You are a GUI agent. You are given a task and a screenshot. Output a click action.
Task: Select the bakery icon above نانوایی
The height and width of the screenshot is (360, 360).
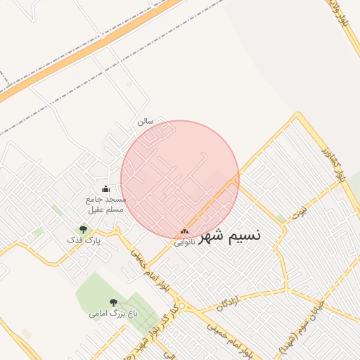(185, 231)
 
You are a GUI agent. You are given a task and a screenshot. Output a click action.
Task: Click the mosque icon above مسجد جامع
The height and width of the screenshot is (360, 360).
(106, 188)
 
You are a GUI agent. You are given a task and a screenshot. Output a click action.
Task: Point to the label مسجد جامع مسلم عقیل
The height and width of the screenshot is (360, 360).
(105, 205)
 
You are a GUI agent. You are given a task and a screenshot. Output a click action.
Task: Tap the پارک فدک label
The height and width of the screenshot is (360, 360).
(84, 240)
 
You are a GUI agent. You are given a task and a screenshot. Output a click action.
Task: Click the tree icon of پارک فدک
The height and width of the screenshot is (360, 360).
(84, 229)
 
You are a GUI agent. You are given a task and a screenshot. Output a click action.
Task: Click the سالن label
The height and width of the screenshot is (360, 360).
(146, 122)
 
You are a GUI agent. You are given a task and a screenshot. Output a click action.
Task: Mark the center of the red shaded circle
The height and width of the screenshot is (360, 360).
(180, 180)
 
